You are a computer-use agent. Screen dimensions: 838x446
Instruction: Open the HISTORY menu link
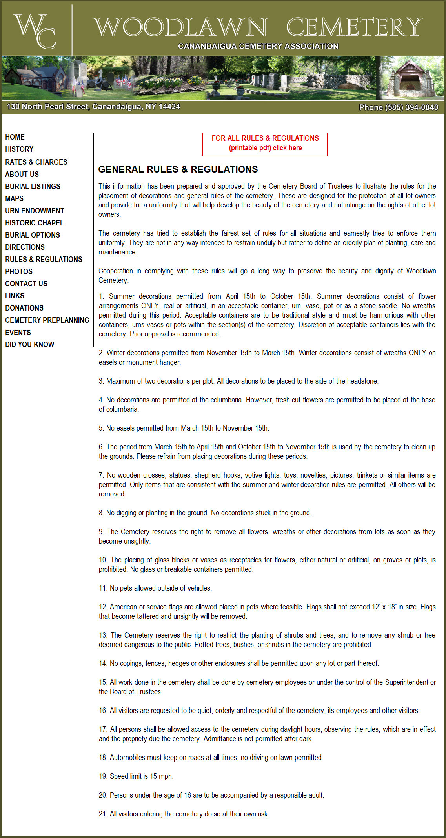tap(19, 149)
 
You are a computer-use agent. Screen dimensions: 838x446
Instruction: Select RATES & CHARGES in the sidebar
tap(36, 162)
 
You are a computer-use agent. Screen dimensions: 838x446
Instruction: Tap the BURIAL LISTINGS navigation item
tap(33, 186)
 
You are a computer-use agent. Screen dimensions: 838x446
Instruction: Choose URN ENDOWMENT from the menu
tap(35, 211)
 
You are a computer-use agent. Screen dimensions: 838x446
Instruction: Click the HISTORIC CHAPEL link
tap(34, 223)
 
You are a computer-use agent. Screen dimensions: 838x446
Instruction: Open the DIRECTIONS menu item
tap(25, 247)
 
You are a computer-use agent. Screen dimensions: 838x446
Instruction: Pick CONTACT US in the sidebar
tap(26, 284)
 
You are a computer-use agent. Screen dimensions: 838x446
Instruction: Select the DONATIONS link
tap(24, 308)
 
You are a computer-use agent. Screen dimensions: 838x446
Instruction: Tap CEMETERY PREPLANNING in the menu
tap(47, 320)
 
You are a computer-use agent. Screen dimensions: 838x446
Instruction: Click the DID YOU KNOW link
tap(29, 344)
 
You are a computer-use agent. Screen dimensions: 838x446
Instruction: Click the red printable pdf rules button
tap(265, 144)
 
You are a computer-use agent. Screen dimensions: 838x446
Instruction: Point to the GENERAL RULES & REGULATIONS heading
tap(178, 169)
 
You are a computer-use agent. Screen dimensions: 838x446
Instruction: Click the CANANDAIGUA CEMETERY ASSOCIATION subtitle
tap(258, 46)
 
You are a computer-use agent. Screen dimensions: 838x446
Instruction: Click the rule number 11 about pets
tap(155, 588)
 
